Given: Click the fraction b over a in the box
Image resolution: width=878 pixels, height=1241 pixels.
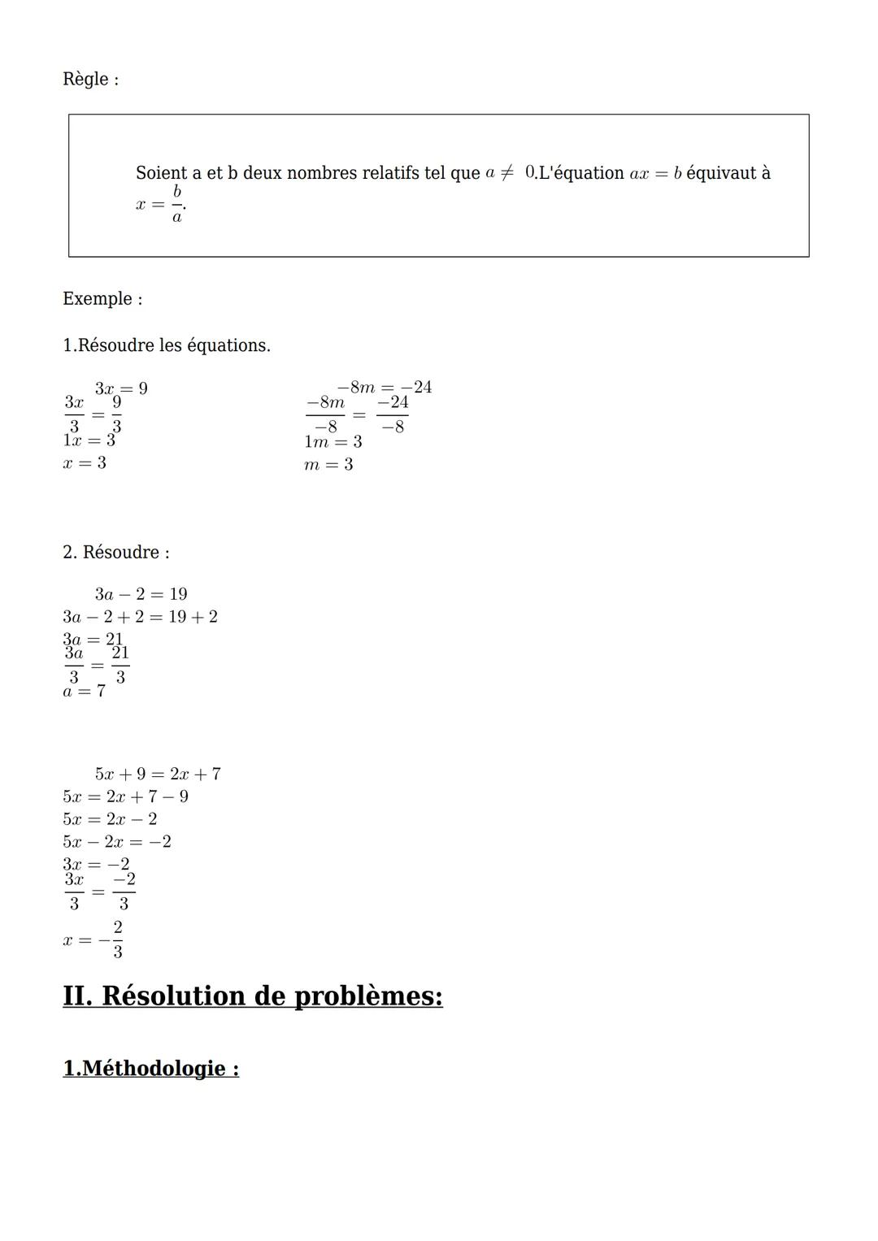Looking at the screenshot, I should click(176, 204).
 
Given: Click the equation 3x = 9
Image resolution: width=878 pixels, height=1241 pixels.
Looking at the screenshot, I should click(121, 388).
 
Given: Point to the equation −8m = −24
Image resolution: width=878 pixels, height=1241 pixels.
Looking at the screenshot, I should click(384, 387).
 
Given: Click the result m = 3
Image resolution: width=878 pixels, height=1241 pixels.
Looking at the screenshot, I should click(328, 465).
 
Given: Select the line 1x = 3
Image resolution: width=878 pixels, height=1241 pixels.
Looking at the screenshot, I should click(89, 440).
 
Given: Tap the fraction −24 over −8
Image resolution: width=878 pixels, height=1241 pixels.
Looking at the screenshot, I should click(393, 414).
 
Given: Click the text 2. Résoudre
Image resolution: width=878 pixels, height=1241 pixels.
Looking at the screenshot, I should click(116, 553).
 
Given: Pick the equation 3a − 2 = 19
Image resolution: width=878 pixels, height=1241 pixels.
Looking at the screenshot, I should click(141, 594).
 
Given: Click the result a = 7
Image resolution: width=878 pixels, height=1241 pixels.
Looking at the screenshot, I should click(84, 692).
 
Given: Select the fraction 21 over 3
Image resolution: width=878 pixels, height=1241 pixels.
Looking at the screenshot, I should click(120, 665).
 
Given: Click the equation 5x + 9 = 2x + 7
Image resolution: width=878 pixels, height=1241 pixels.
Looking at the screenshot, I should click(158, 774).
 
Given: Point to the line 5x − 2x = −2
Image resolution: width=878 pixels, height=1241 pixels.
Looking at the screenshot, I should click(117, 842).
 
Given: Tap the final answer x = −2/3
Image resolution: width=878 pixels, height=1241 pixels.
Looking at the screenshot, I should click(93, 939).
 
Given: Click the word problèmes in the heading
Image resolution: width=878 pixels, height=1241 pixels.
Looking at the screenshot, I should click(367, 996).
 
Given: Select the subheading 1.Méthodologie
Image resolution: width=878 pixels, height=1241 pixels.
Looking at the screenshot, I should click(150, 1068).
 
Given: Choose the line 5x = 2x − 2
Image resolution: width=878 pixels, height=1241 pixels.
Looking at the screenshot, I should click(110, 819).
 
